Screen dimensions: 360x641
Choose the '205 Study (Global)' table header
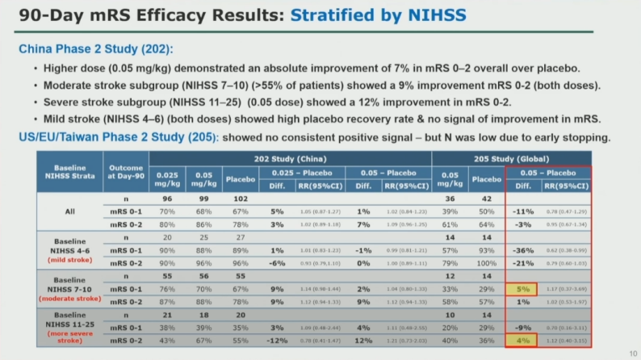point(517,158)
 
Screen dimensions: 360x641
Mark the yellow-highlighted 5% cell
point(522,287)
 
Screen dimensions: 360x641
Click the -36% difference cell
point(522,249)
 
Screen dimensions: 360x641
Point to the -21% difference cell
point(522,262)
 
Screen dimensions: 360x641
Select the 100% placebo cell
point(486,262)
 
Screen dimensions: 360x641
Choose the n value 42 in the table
point(486,199)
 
